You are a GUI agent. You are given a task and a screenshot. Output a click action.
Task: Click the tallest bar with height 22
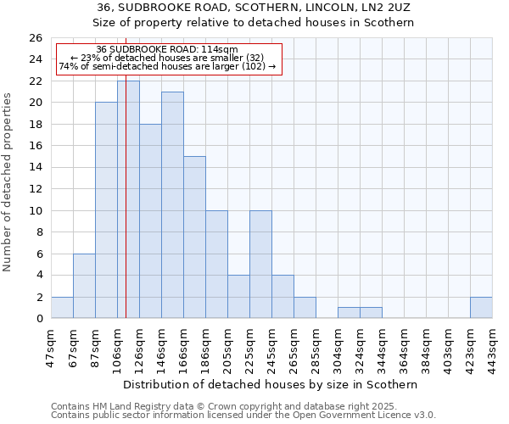(x=128, y=199)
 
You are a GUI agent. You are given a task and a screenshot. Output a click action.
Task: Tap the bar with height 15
(x=194, y=237)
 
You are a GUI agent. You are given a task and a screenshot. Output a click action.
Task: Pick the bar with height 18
(x=150, y=220)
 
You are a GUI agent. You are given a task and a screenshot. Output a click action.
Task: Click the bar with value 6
(x=84, y=286)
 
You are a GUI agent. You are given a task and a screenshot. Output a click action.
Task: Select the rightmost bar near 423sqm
(x=481, y=308)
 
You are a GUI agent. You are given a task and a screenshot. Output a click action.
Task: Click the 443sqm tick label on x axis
(x=492, y=347)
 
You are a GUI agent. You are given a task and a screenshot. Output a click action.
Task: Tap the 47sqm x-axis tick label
(x=51, y=347)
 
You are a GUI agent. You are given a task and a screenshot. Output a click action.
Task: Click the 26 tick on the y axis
(x=36, y=38)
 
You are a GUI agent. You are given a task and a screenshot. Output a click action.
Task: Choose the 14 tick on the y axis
(x=36, y=168)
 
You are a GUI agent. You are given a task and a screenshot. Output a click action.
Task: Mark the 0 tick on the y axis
(x=39, y=319)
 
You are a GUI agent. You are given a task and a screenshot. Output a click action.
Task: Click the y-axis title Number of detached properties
(x=8, y=178)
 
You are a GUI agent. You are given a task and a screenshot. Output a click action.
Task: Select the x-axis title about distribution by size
(x=271, y=384)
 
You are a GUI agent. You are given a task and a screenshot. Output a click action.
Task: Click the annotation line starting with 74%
(x=167, y=66)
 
